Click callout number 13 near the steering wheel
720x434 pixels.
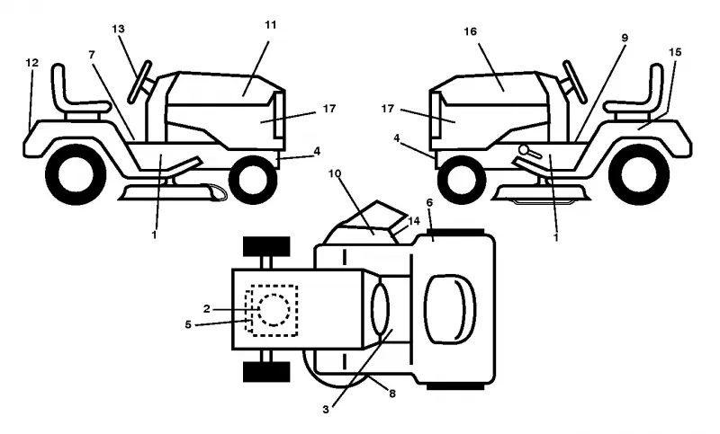point(118,29)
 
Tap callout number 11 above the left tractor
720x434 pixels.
point(271,25)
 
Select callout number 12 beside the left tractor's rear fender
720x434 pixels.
point(31,63)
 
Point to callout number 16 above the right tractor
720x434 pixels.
point(470,31)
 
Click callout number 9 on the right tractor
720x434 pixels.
point(625,38)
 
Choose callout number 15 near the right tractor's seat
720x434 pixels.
point(675,52)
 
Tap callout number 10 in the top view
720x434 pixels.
point(335,173)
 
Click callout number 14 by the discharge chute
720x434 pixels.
point(414,221)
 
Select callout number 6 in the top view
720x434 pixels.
point(430,202)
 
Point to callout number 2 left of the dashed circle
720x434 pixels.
point(207,309)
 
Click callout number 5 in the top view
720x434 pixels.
point(188,324)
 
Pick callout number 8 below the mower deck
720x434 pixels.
point(392,394)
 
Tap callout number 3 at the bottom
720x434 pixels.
point(326,410)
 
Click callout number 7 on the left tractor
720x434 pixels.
point(92,55)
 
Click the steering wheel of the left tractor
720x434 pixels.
point(140,81)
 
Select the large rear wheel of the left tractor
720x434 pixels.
point(76,174)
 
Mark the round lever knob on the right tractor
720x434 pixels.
point(523,149)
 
